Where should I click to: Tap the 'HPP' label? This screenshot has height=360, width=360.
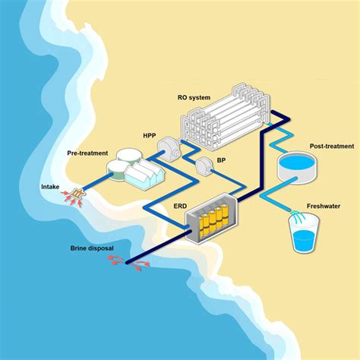pyautogui.click(x=150, y=136)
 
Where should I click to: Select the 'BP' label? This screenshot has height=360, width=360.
pyautogui.click(x=220, y=161)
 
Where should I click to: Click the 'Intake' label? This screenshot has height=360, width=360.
pyautogui.click(x=51, y=185)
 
